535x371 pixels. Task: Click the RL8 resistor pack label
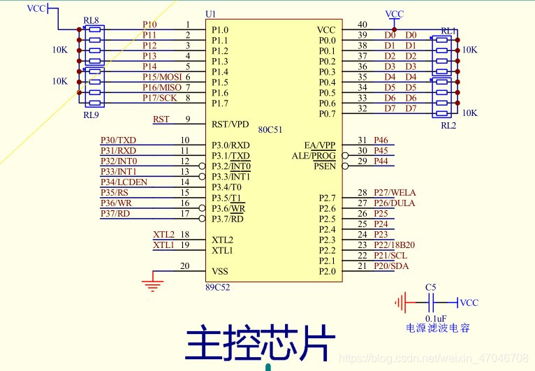click(90, 21)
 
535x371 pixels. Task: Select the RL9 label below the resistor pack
click(91, 115)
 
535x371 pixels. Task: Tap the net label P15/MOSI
click(161, 76)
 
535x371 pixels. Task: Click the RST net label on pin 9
click(161, 119)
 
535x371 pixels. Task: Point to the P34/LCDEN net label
click(124, 182)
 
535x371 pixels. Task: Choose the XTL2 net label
click(163, 234)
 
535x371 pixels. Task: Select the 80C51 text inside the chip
click(270, 130)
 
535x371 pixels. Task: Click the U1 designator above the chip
click(210, 14)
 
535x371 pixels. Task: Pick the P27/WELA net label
click(395, 193)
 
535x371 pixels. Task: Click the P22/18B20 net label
click(394, 245)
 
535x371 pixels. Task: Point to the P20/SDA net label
click(390, 266)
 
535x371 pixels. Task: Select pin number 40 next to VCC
click(362, 25)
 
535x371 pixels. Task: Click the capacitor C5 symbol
click(431, 303)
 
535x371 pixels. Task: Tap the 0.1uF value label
click(436, 318)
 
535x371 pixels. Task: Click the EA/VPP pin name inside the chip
click(320, 145)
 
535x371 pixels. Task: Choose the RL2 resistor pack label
click(448, 125)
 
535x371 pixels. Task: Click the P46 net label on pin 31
click(381, 140)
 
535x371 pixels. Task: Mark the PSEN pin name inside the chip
click(324, 166)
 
